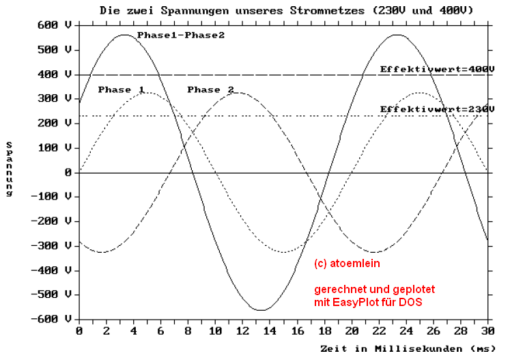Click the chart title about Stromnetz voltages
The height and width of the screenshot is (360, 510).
point(286,11)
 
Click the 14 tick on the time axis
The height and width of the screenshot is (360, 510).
point(270,331)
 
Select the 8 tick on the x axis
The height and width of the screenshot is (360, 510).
point(188,331)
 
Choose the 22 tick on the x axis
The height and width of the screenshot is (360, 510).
point(379,331)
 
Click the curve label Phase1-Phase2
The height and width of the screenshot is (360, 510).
point(180,35)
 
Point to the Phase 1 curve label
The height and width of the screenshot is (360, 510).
point(121,89)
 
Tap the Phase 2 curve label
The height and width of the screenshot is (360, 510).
point(210,89)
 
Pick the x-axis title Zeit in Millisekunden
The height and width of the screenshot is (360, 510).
point(408,348)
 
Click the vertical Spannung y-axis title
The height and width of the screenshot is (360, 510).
point(10,169)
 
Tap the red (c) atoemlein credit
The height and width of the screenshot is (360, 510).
point(347,263)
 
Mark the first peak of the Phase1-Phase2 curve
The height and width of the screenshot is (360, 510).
point(124,35)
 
